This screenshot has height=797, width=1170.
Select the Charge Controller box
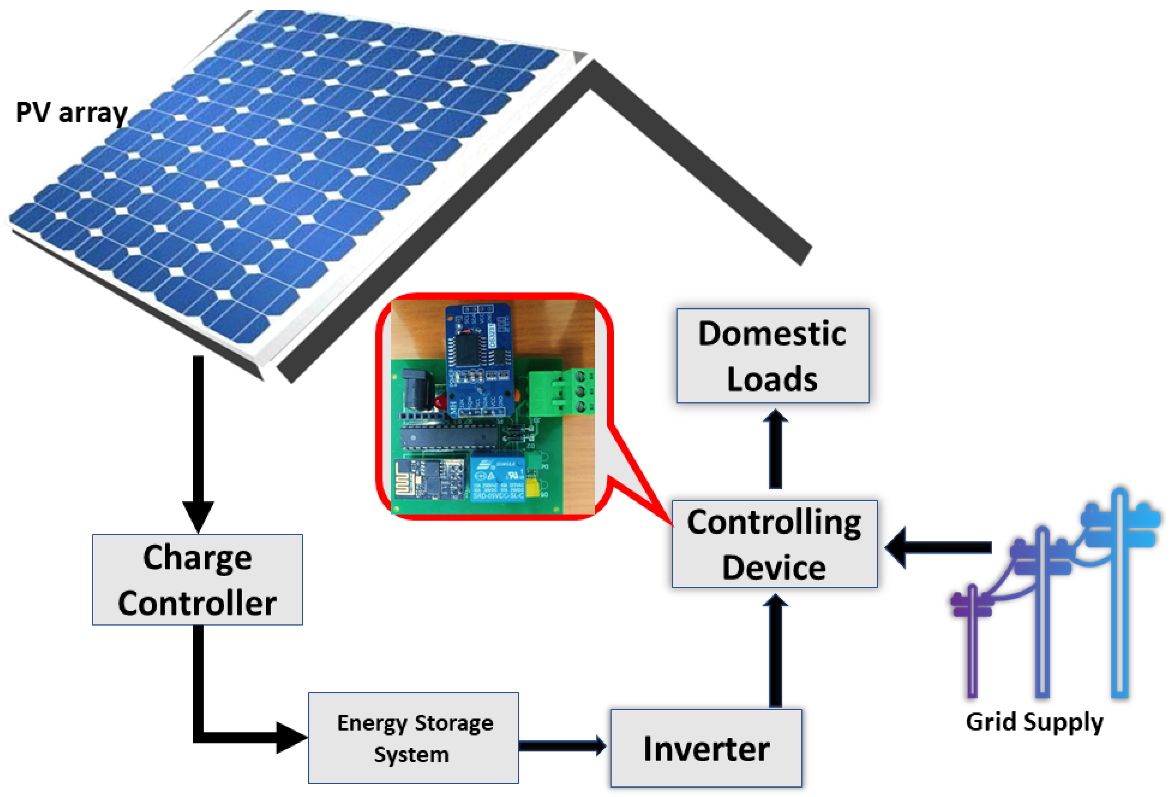click(x=197, y=579)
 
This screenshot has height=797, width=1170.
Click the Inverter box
click(x=706, y=748)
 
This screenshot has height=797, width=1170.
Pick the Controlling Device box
click(x=774, y=544)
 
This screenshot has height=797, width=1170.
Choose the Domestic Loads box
click(x=773, y=356)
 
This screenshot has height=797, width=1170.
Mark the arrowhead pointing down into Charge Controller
click(x=198, y=516)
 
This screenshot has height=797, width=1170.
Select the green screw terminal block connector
click(x=561, y=391)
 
